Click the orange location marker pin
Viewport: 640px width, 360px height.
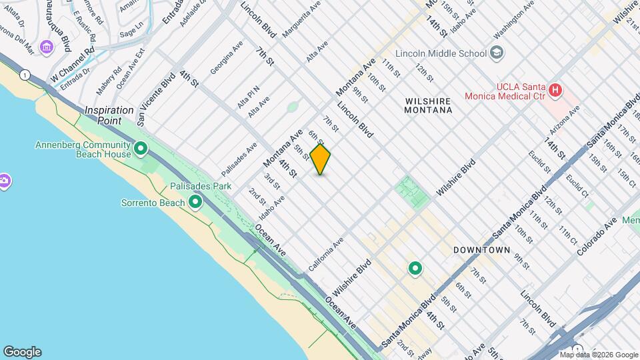pos(321,159)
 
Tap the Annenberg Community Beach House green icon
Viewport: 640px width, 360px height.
pos(141,148)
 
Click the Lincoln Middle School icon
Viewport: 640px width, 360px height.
pos(496,53)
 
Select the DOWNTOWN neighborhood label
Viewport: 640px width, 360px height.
pos(481,250)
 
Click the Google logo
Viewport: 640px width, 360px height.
pos(22,352)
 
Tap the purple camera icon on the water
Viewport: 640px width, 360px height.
pos(4,181)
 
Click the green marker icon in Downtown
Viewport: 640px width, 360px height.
pos(415,269)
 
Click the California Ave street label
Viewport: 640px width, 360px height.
pos(326,254)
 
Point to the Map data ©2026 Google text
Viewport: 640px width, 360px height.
pos(599,355)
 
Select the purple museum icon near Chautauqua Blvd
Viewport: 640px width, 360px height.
pos(46,47)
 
